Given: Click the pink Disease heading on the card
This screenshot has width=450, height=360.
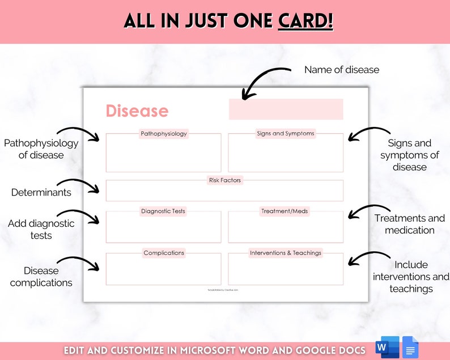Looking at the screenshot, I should tap(137, 111).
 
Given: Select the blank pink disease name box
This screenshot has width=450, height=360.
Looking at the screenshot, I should tap(286, 109).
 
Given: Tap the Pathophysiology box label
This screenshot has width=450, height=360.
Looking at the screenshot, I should tap(163, 134).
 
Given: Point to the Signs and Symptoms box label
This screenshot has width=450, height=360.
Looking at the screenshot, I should tap(285, 134).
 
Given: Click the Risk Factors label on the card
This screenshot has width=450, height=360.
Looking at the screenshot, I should tap(224, 180).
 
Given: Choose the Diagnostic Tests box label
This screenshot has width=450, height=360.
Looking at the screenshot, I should tap(163, 211).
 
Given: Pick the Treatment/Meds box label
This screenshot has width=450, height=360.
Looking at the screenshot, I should tap(285, 211).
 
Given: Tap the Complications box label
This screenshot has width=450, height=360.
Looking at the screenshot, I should tap(164, 253).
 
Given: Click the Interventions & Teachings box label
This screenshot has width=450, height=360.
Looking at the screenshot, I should tap(285, 253).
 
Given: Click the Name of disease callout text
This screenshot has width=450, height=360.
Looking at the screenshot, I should tap(342, 70).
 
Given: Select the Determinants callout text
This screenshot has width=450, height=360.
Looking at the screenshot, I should tap(41, 193).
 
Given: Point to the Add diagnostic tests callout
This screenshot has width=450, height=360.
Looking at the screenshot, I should tap(41, 229).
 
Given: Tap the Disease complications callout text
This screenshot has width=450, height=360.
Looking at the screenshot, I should tap(41, 277).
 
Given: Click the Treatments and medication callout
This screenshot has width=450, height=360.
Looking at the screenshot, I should tap(410, 224).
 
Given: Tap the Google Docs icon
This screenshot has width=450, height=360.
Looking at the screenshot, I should tap(410, 347).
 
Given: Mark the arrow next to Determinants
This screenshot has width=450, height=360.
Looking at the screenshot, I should tap(86, 187).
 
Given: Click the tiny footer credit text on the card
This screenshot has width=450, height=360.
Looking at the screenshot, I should tap(223, 290).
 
